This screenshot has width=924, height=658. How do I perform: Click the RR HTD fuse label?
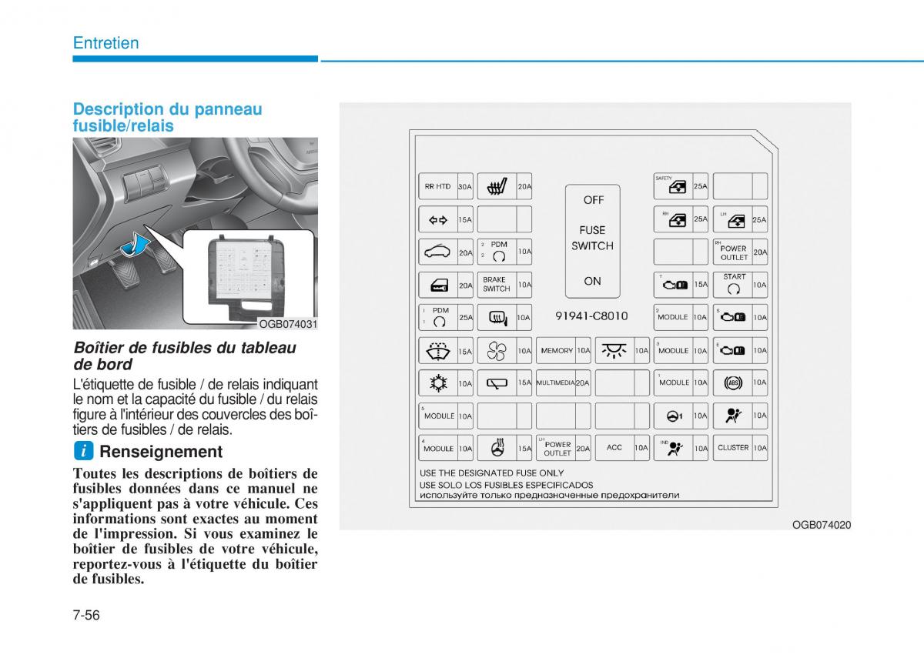tap(437, 186)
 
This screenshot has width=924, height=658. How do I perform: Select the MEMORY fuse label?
tap(556, 351)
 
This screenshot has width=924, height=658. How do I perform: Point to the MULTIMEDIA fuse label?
tap(556, 382)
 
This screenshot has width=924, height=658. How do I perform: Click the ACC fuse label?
tap(614, 448)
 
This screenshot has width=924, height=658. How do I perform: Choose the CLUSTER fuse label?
tap(732, 448)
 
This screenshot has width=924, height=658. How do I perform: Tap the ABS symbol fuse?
tap(732, 382)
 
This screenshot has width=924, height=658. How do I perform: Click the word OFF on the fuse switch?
tap(593, 200)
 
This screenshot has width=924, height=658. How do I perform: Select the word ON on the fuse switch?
tap(592, 282)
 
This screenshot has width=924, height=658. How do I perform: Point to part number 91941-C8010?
tap(591, 316)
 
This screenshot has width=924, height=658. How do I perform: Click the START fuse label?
tap(734, 276)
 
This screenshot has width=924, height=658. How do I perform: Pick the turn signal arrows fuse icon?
tap(437, 220)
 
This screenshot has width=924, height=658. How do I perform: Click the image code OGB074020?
tap(821, 525)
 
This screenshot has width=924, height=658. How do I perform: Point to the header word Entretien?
tap(106, 43)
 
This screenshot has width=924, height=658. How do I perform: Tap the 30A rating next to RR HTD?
tap(464, 186)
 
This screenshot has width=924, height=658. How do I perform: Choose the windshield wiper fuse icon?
tap(437, 351)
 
